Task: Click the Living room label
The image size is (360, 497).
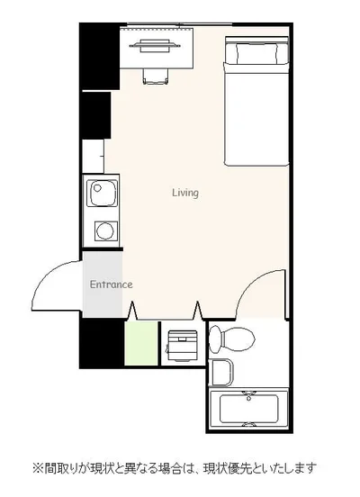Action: tap(185, 193)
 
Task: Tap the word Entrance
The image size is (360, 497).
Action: tap(112, 285)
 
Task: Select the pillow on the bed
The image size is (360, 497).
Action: tap(256, 52)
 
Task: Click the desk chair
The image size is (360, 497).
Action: tap(156, 77)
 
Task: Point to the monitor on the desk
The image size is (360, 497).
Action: tap(155, 46)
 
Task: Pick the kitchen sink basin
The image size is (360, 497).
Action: tap(103, 194)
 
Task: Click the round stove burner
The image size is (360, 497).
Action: tap(105, 230)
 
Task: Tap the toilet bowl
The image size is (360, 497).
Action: tap(238, 339)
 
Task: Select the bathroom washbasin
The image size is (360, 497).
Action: tap(220, 372)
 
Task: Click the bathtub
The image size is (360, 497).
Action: tap(248, 409)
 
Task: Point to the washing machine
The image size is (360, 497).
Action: tap(182, 346)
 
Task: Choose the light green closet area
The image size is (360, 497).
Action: tap(141, 343)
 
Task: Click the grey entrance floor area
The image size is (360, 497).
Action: tap(103, 285)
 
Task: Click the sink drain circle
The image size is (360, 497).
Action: tap(97, 187)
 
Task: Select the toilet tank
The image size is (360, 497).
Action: tap(215, 339)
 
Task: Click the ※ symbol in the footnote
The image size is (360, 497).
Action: tap(38, 468)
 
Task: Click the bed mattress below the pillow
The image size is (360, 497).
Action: tap(256, 114)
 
